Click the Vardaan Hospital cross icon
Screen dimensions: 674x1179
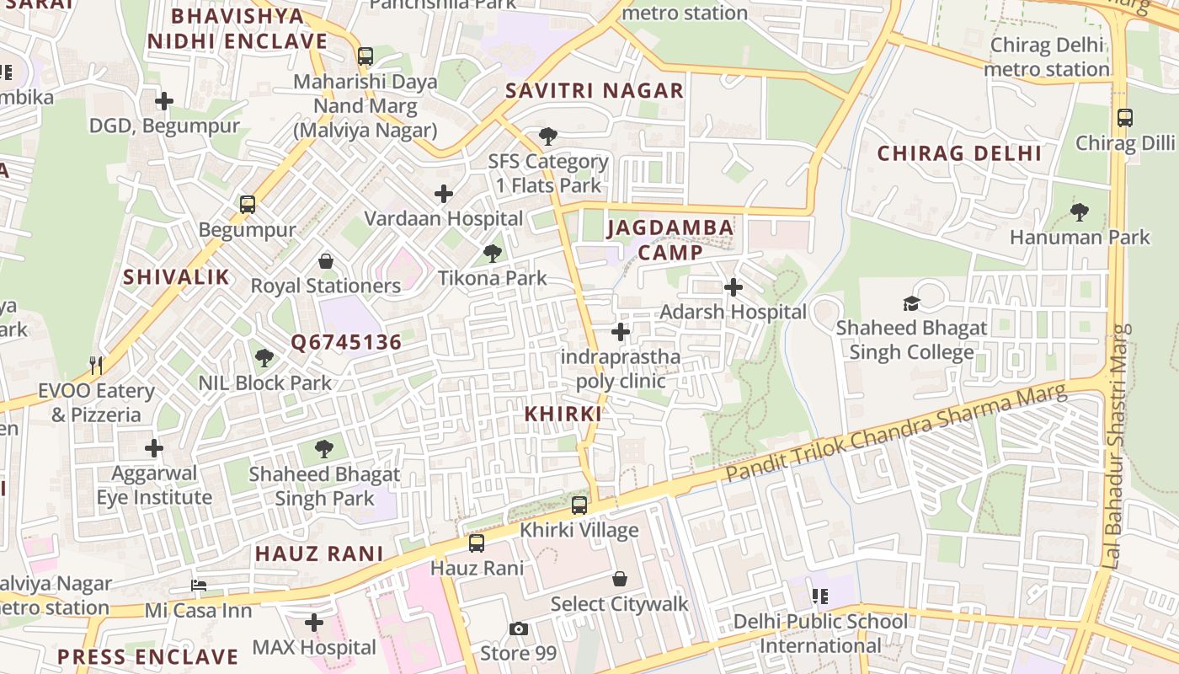point(444,195)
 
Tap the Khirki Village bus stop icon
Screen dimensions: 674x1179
point(579,505)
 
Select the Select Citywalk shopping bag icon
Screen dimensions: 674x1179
point(620,579)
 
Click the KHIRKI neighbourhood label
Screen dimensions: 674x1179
point(563,414)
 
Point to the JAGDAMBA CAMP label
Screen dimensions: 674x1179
point(670,240)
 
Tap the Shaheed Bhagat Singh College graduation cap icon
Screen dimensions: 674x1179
point(911,303)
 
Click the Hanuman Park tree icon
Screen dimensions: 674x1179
point(1080,212)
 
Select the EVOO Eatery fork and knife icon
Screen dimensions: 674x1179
point(96,366)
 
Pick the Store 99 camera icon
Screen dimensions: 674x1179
point(519,629)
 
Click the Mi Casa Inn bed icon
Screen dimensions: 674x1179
point(199,585)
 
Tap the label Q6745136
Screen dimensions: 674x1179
point(346,342)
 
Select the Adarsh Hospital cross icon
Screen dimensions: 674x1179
point(734,287)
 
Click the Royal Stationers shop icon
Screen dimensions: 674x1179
point(326,261)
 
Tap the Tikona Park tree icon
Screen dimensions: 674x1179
point(493,253)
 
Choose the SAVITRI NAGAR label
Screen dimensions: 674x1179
point(595,91)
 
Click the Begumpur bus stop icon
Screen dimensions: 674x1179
point(248,205)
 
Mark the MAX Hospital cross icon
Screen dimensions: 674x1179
point(314,623)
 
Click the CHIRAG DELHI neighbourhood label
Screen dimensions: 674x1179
point(960,153)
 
